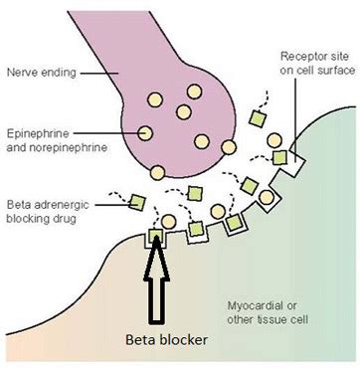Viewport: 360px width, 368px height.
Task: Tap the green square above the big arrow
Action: click(x=155, y=236)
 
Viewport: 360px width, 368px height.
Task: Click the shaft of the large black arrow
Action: click(x=155, y=298)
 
